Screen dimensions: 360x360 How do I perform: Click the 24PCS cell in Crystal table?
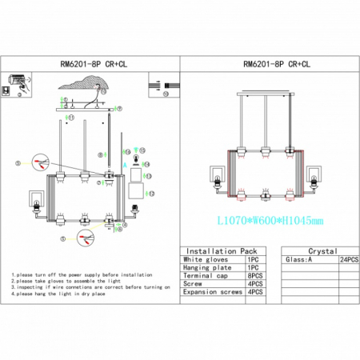pyautogui.click(x=350, y=261)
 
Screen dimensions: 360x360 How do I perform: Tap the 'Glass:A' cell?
pyautogui.click(x=298, y=261)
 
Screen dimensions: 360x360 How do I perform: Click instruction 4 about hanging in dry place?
pyautogui.click(x=64, y=295)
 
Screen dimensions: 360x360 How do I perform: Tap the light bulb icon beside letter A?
pyautogui.click(x=135, y=157)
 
